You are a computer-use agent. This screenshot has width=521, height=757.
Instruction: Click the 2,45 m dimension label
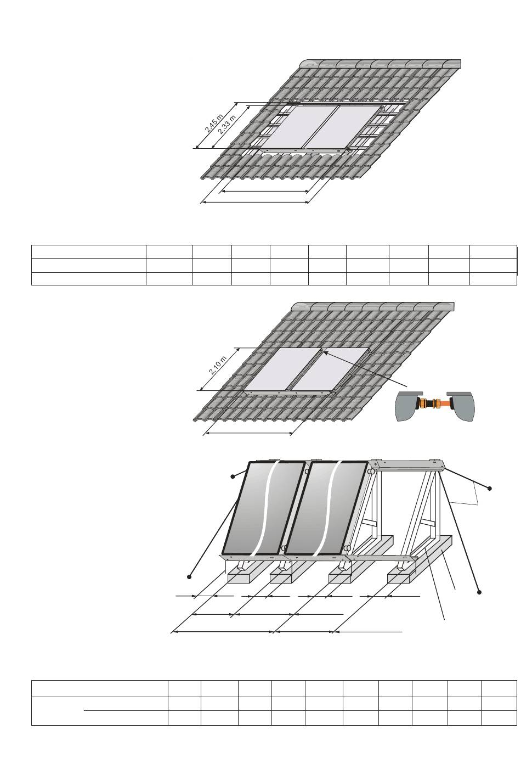(x=213, y=124)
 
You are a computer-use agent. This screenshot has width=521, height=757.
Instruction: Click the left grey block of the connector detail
(x=408, y=406)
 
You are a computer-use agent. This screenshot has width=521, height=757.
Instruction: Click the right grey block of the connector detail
(x=461, y=405)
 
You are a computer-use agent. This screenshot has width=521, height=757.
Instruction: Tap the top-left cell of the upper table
(x=89, y=252)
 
